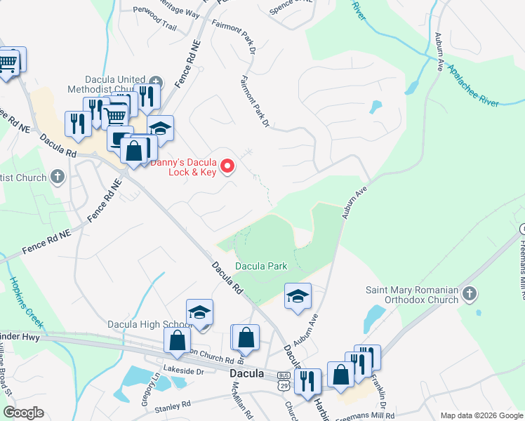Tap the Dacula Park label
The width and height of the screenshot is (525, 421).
click(261, 267)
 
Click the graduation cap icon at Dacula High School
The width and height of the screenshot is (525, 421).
click(199, 313)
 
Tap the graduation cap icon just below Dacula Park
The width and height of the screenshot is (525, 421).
click(298, 296)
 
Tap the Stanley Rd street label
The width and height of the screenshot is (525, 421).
click(173, 406)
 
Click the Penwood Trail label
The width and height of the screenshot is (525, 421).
click(158, 26)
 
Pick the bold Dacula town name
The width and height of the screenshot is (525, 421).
click(247, 374)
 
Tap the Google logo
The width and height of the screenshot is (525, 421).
click(23, 413)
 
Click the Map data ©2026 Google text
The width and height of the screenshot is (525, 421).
click(481, 415)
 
